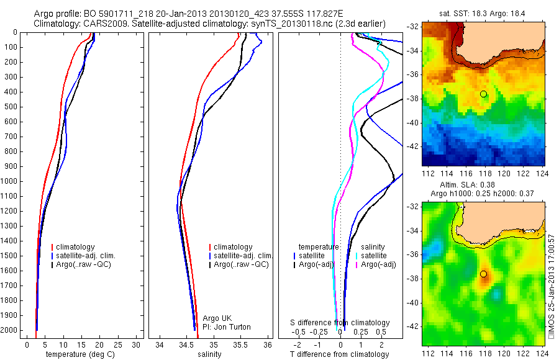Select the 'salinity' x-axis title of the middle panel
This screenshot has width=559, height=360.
coord(208,354)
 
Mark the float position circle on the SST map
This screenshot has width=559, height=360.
coord(483,94)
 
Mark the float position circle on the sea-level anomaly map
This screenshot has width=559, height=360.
coord(483,274)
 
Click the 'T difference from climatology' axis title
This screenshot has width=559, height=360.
coord(340,354)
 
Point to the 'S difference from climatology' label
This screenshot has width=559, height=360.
coord(340,323)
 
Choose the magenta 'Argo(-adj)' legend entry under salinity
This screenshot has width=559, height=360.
coord(379,264)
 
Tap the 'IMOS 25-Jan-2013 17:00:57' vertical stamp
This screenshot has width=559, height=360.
coord(552,291)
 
